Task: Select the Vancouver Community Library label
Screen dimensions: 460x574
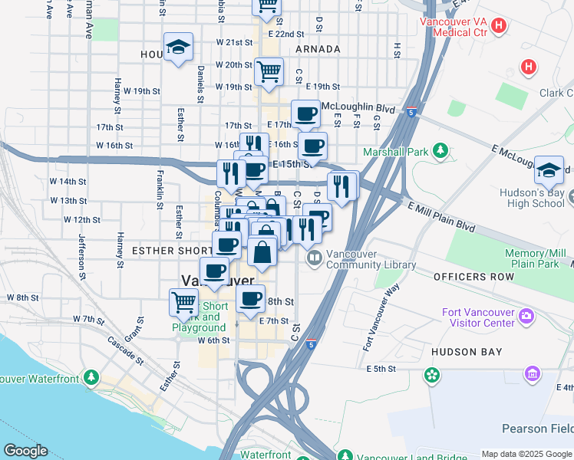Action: [x=371, y=260]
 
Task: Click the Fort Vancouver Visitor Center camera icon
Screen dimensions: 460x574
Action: [x=526, y=315]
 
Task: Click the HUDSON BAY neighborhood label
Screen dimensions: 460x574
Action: [x=467, y=352]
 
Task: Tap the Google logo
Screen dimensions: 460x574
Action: [x=25, y=450]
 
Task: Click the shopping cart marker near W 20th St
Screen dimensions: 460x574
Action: [x=269, y=72]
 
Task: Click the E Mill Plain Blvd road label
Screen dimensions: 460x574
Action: [x=442, y=218]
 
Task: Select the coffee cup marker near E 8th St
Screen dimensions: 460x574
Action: [x=250, y=299]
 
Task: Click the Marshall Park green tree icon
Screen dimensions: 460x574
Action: [x=440, y=152]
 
